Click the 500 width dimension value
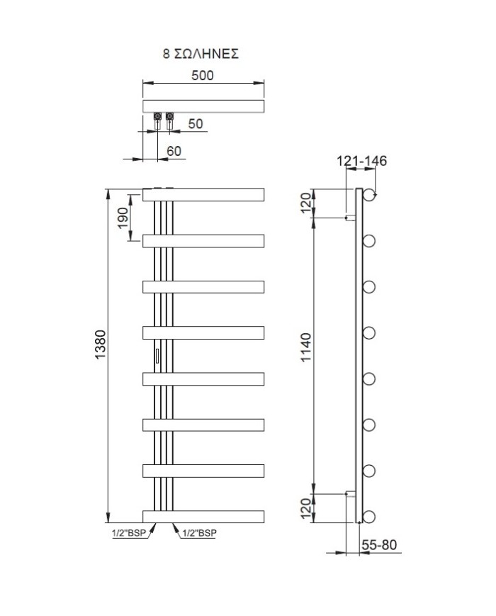coord(203,74)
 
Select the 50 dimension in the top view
coord(196,123)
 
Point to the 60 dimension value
coord(174,150)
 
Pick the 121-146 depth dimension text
coord(361,162)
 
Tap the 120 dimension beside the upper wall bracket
coord(306,203)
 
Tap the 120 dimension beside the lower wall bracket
coord(306,508)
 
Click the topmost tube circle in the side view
coord(369,194)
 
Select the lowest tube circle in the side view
coord(369,516)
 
